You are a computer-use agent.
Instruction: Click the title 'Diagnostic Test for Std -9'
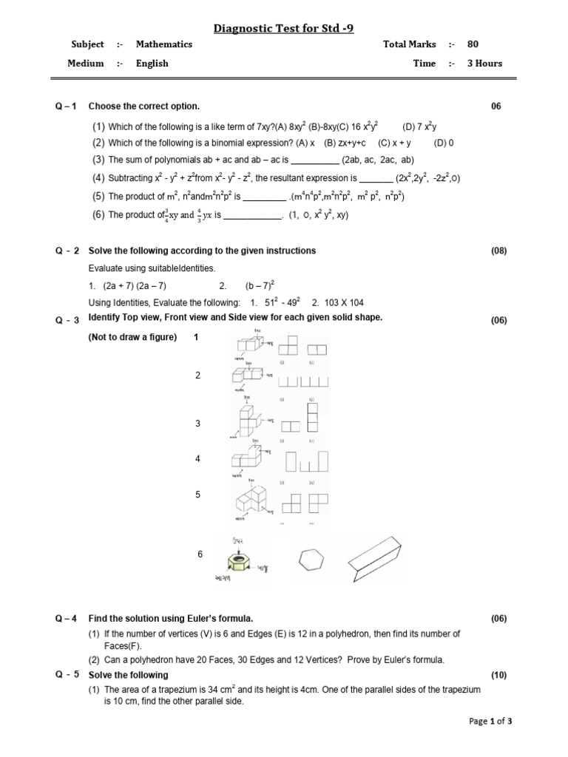[284, 29]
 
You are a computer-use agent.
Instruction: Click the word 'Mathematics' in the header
[163, 44]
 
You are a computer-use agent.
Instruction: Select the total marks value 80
[473, 44]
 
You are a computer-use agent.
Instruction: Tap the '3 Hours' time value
[484, 64]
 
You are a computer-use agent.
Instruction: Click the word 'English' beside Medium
[152, 64]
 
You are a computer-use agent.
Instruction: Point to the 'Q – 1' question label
[66, 106]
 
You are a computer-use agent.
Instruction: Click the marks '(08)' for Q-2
[499, 251]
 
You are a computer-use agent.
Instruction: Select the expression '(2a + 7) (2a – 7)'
[135, 285]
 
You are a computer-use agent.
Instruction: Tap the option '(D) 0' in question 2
[444, 142]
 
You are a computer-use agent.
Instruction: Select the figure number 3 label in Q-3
[197, 424]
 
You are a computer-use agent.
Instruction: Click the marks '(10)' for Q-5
[499, 675]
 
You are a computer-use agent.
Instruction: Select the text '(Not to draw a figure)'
[132, 338]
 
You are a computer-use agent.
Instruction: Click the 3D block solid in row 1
[250, 346]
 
